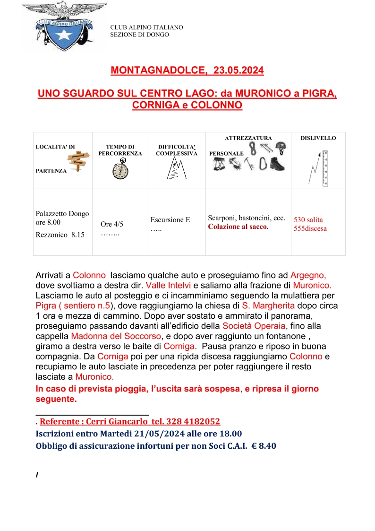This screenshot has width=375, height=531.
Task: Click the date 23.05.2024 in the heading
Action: coord(239,70)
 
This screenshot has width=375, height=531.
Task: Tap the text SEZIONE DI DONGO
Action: coord(139,35)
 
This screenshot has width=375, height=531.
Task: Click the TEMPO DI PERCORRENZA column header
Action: coord(120,150)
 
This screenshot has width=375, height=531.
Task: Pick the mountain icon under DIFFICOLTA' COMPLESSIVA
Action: coord(175,169)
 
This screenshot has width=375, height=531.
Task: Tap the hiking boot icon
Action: coord(278,164)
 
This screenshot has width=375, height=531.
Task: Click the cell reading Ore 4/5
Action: coord(112,224)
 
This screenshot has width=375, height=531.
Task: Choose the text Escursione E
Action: coord(170,220)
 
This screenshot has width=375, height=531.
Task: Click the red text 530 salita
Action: coord(308,220)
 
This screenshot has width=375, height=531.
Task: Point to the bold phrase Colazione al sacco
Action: coord(238,227)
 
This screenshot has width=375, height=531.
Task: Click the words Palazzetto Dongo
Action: coord(62,214)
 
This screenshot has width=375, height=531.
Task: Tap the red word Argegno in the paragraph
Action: coord(308,275)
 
